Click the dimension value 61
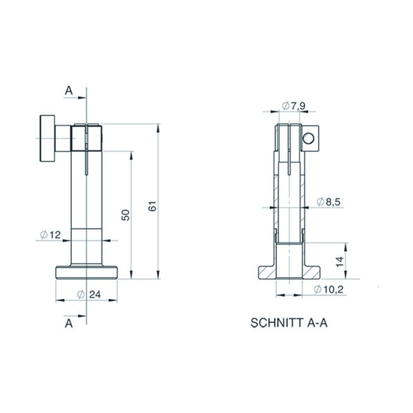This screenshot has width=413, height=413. pyautogui.click(x=153, y=206)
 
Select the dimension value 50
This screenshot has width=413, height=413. pyautogui.click(x=126, y=215)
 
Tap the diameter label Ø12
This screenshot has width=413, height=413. pyautogui.click(x=50, y=234)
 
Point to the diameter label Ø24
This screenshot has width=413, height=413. pyautogui.click(x=89, y=294)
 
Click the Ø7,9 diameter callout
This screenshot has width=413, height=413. pyautogui.click(x=294, y=106)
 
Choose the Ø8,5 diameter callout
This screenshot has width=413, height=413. pyautogui.click(x=329, y=202)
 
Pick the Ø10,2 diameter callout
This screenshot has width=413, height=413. pyautogui.click(x=329, y=289)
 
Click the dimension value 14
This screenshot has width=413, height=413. pyautogui.click(x=340, y=261)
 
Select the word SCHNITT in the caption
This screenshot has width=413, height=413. pyautogui.click(x=277, y=323)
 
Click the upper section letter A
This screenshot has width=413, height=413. pyautogui.click(x=69, y=90)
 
